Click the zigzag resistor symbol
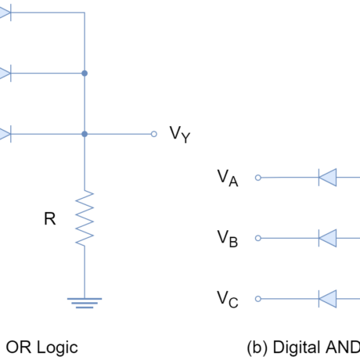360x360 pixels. tap(85, 218)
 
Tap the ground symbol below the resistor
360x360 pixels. tap(85, 302)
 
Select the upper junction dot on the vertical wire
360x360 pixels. tap(85, 73)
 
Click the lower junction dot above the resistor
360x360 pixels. tap(85, 134)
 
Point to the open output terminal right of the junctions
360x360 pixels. tap(153, 134)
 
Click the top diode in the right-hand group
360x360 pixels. tap(328, 178)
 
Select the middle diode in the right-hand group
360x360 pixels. tap(328, 238)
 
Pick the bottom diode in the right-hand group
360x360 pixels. tap(328, 298)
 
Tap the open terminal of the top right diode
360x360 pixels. tap(258, 178)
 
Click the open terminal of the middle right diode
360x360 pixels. tap(258, 238)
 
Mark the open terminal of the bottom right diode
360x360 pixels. tap(258, 298)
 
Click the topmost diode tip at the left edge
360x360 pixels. tap(5, 13)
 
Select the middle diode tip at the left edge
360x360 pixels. tap(5, 73)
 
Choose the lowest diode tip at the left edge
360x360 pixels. tap(5, 134)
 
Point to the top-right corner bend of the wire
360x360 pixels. tap(85, 13)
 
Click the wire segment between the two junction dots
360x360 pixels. tap(85, 103)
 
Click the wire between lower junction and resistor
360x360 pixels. tap(85, 163)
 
